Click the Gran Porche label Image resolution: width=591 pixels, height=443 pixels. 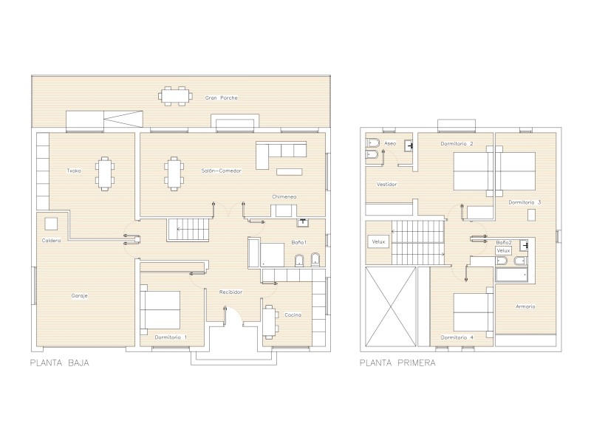click(221, 98)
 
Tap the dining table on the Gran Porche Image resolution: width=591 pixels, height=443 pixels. click(175, 96)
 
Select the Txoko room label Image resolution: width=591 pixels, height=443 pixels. click(74, 171)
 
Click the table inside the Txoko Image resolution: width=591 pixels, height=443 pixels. click(105, 174)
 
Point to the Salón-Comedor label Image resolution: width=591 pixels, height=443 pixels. click(221, 171)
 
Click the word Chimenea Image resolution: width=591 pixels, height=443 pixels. click(284, 196)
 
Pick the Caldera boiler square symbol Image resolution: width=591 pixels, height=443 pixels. click(51, 224)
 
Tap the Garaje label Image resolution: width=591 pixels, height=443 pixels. click(80, 296)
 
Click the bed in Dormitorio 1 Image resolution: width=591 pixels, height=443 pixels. click(160, 309)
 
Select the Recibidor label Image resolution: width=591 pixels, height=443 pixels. click(230, 292)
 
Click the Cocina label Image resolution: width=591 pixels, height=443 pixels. click(293, 315)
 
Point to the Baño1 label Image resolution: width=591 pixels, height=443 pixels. click(299, 242)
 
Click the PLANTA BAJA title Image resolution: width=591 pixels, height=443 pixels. click(60, 363)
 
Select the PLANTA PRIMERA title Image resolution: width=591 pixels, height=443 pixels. click(397, 363)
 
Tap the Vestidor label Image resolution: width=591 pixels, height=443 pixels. click(386, 184)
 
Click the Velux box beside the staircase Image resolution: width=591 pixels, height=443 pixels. click(378, 241)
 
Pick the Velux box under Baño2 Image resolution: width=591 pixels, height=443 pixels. click(504, 250)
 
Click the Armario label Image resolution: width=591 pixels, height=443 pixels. click(525, 306)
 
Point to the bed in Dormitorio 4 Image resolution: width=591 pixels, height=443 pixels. click(474, 312)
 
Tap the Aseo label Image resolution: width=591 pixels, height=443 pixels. click(390, 143)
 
